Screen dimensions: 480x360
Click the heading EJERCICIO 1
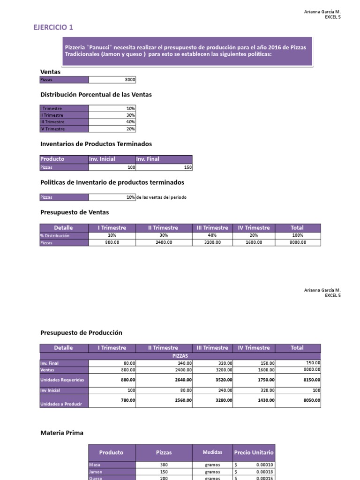point(53,28)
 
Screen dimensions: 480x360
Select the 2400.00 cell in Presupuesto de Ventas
point(163,242)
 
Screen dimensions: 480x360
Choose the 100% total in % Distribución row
point(297,235)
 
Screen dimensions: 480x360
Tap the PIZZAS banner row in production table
point(180,356)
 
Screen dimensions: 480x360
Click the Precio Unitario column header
point(254,452)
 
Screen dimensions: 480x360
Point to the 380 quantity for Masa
point(164,465)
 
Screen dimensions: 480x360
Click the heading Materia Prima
point(62,433)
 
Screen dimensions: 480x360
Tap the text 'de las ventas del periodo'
point(161,197)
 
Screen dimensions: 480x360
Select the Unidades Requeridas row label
point(62,380)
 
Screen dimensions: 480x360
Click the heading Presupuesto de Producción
point(81,332)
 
